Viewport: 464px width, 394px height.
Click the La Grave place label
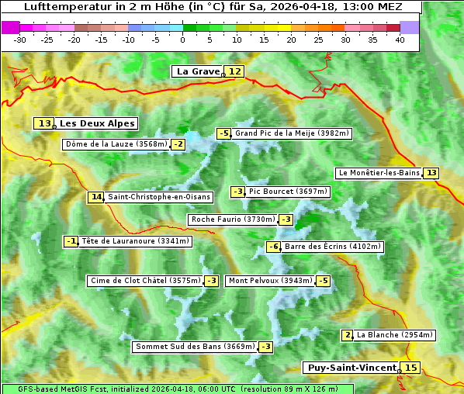tap(199, 71)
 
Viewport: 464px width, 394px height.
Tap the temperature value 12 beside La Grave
tap(235, 71)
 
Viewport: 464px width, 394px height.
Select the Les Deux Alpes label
tap(97, 123)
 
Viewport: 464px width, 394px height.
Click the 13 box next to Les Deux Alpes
tap(44, 123)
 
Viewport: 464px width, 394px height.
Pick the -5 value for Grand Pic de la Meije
tap(224, 133)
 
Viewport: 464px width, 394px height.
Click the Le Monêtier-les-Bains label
tap(378, 173)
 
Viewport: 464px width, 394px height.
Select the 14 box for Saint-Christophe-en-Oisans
tap(96, 197)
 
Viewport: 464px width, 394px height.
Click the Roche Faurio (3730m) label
tap(233, 219)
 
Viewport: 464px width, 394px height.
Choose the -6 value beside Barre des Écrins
tap(273, 247)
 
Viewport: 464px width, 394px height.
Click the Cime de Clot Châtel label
tap(144, 281)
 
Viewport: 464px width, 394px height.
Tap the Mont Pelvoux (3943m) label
tap(270, 281)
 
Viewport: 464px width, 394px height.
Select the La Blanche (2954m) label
tap(394, 335)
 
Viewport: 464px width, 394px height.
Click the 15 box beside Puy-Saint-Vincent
tap(410, 368)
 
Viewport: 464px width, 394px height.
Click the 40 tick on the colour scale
tap(400, 40)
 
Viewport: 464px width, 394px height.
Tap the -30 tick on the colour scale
tap(20, 40)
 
